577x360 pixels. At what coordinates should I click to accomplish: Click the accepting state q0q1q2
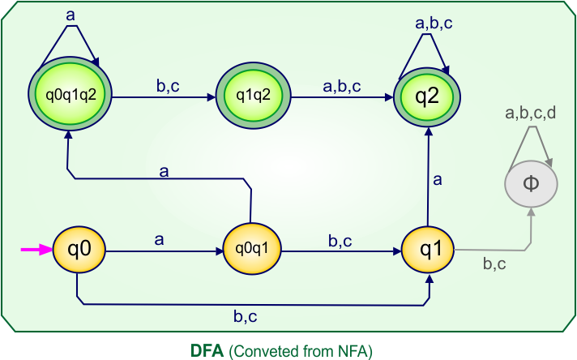coord(70,96)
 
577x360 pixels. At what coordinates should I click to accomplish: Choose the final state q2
coord(427,96)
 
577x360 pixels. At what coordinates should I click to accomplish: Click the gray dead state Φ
coord(531,182)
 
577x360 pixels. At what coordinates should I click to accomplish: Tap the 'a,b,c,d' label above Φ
coord(530,114)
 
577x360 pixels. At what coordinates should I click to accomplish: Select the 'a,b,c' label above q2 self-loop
coord(434,24)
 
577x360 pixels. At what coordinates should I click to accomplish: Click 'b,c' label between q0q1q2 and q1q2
coord(168,84)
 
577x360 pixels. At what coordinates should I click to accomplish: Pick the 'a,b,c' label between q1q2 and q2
coord(343,84)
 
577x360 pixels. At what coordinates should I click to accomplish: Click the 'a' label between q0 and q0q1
coord(159,238)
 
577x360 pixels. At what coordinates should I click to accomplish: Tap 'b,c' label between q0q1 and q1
coord(340,239)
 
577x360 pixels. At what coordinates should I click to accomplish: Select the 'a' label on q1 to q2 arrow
coord(438,181)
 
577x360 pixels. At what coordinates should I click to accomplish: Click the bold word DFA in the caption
coord(206,350)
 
